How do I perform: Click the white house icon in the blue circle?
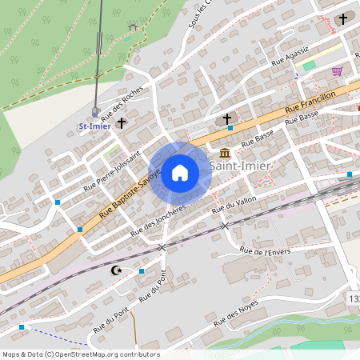[180, 173]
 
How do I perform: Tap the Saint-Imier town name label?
[239, 166]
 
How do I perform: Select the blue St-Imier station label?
[94, 126]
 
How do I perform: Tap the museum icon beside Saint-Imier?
[223, 153]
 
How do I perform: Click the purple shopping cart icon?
[338, 70]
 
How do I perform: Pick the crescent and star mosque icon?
[118, 270]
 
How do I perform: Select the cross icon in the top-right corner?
[344, 18]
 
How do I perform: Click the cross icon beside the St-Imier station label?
[122, 123]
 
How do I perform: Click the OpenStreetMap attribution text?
[80, 354]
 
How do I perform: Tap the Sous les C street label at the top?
[199, 14]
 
